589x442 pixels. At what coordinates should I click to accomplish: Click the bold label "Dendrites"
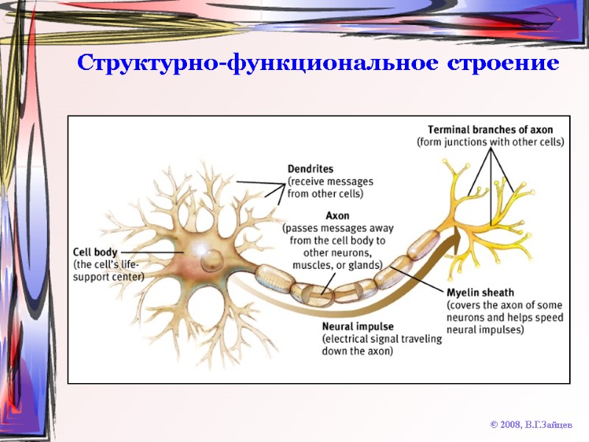pyautogui.click(x=310, y=169)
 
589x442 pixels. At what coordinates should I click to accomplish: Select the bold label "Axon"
pyautogui.click(x=338, y=216)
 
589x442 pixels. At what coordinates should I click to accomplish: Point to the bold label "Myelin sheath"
pyautogui.click(x=481, y=292)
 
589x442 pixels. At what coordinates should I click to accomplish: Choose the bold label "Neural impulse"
pyautogui.click(x=358, y=326)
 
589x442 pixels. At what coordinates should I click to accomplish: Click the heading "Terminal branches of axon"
pyautogui.click(x=490, y=129)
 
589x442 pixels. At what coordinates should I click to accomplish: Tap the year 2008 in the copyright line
pyautogui.click(x=510, y=425)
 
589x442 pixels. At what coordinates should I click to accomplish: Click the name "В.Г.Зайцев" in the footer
pyautogui.click(x=547, y=425)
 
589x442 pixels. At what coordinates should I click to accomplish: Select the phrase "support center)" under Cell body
pyautogui.click(x=109, y=276)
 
